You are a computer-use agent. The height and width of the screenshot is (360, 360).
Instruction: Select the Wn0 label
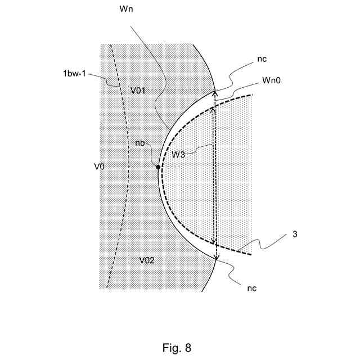(x=271, y=80)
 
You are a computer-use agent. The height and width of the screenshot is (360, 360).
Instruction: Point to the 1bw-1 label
(x=75, y=73)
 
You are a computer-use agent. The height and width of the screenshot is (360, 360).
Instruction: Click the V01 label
(x=139, y=90)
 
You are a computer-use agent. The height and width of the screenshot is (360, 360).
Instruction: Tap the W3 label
(x=178, y=154)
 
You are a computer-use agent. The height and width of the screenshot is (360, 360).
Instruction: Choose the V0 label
(x=100, y=166)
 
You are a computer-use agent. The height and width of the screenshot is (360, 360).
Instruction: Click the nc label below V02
(x=252, y=288)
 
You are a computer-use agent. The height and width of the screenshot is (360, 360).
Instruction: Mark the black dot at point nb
(x=158, y=167)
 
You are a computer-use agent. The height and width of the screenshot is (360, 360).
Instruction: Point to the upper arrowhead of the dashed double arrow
(x=213, y=112)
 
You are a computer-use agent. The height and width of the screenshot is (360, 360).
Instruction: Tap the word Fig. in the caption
(x=172, y=348)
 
